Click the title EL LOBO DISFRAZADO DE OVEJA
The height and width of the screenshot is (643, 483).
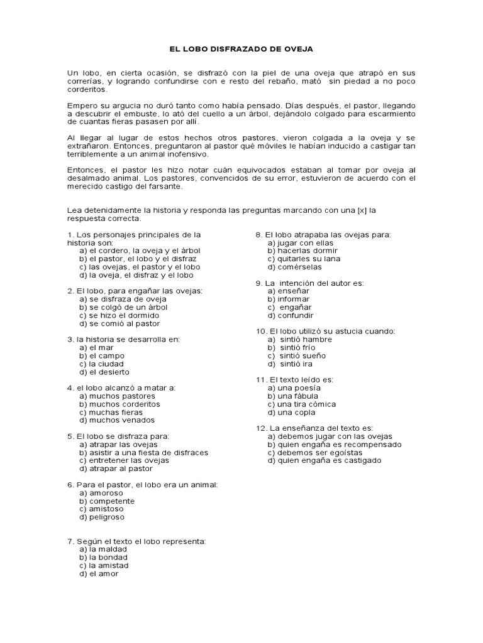[x=241, y=48]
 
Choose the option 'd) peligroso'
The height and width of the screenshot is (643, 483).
[x=102, y=517]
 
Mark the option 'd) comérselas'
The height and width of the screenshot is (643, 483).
[x=291, y=267]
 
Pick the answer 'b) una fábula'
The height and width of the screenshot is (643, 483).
[x=292, y=396]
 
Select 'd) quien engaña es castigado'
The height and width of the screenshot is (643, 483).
[x=324, y=460]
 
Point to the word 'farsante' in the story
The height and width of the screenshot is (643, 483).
[x=165, y=186]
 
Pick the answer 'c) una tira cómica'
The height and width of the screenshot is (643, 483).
[x=301, y=404]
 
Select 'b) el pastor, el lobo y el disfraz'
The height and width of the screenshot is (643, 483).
[x=138, y=259]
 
